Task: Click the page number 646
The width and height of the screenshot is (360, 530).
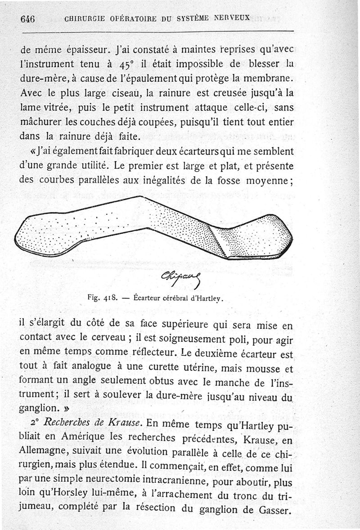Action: tap(27, 19)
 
